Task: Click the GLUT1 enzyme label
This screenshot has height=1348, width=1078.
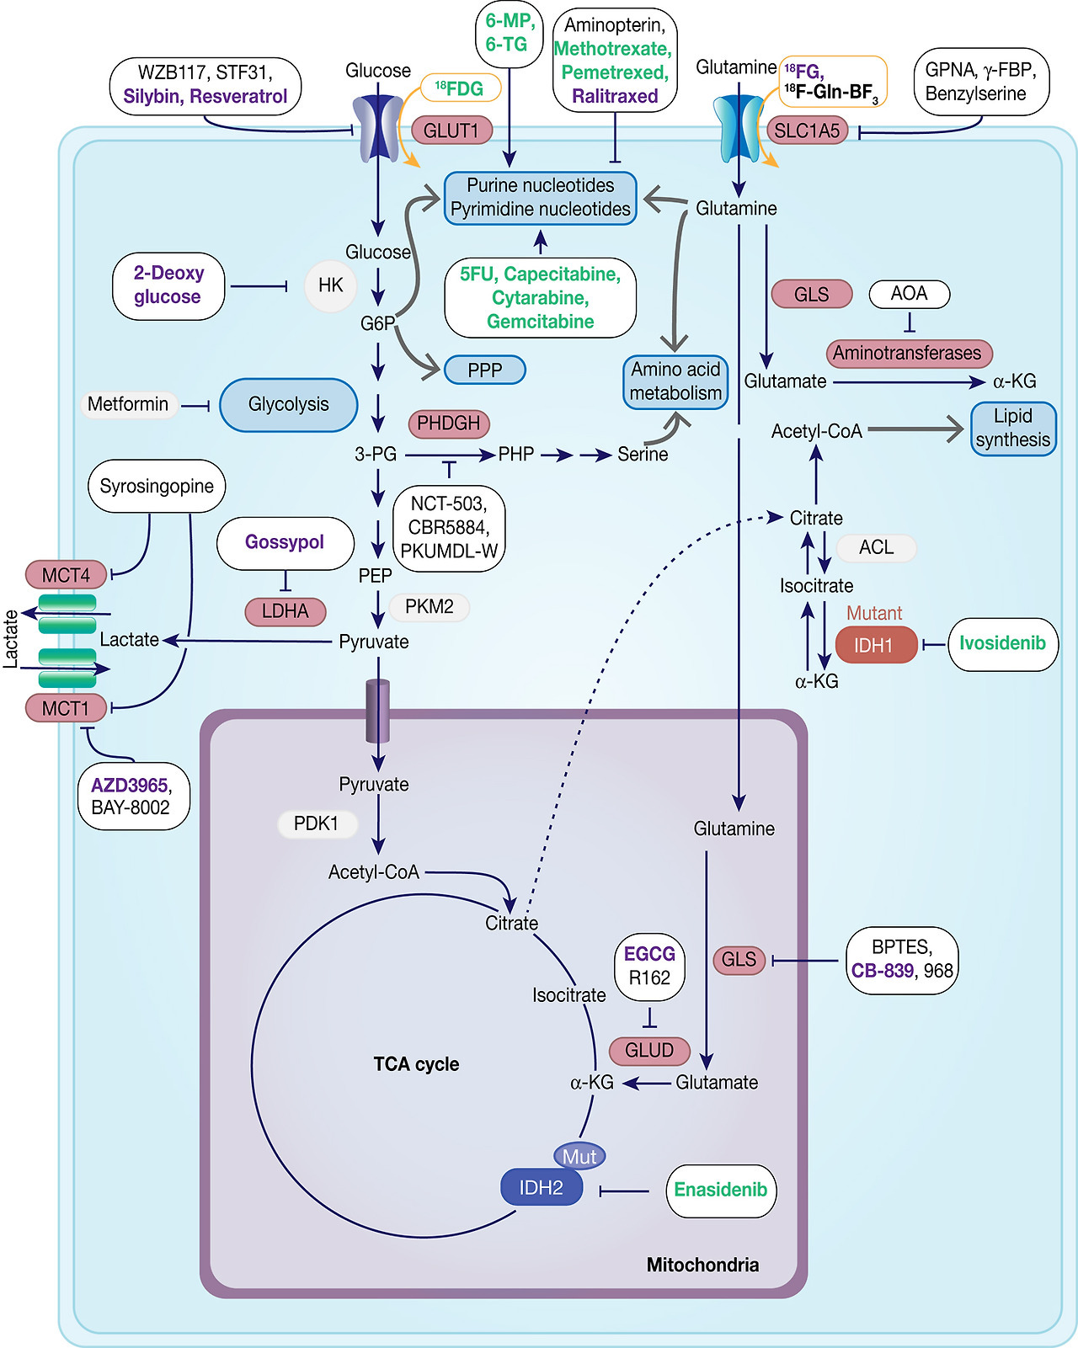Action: tap(451, 130)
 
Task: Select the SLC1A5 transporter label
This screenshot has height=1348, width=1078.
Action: tap(807, 131)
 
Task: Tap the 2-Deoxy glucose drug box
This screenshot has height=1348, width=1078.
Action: tap(168, 285)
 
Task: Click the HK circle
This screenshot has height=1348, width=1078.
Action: tap(330, 285)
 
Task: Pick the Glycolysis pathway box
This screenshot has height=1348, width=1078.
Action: tap(288, 405)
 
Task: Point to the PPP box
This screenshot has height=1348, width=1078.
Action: tap(484, 370)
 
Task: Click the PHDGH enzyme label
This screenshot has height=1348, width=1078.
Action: tap(448, 424)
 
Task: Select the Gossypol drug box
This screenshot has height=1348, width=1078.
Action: tap(285, 542)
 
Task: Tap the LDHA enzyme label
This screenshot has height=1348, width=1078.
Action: tap(285, 611)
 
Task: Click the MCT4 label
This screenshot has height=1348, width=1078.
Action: tap(66, 576)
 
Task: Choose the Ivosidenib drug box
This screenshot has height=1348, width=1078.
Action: tap(1002, 644)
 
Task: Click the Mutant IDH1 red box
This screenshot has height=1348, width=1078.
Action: tap(875, 645)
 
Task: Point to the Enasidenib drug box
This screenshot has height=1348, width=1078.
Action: tap(720, 1190)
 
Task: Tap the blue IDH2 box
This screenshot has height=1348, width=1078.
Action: tap(541, 1188)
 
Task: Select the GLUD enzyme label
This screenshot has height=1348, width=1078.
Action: tap(649, 1051)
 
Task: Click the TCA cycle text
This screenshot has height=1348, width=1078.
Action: tap(416, 1064)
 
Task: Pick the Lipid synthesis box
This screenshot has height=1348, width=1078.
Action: tap(1012, 429)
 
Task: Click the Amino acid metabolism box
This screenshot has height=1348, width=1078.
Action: tap(675, 381)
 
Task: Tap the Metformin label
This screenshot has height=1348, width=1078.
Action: tap(128, 405)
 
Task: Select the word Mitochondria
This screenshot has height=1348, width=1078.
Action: tap(702, 1265)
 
